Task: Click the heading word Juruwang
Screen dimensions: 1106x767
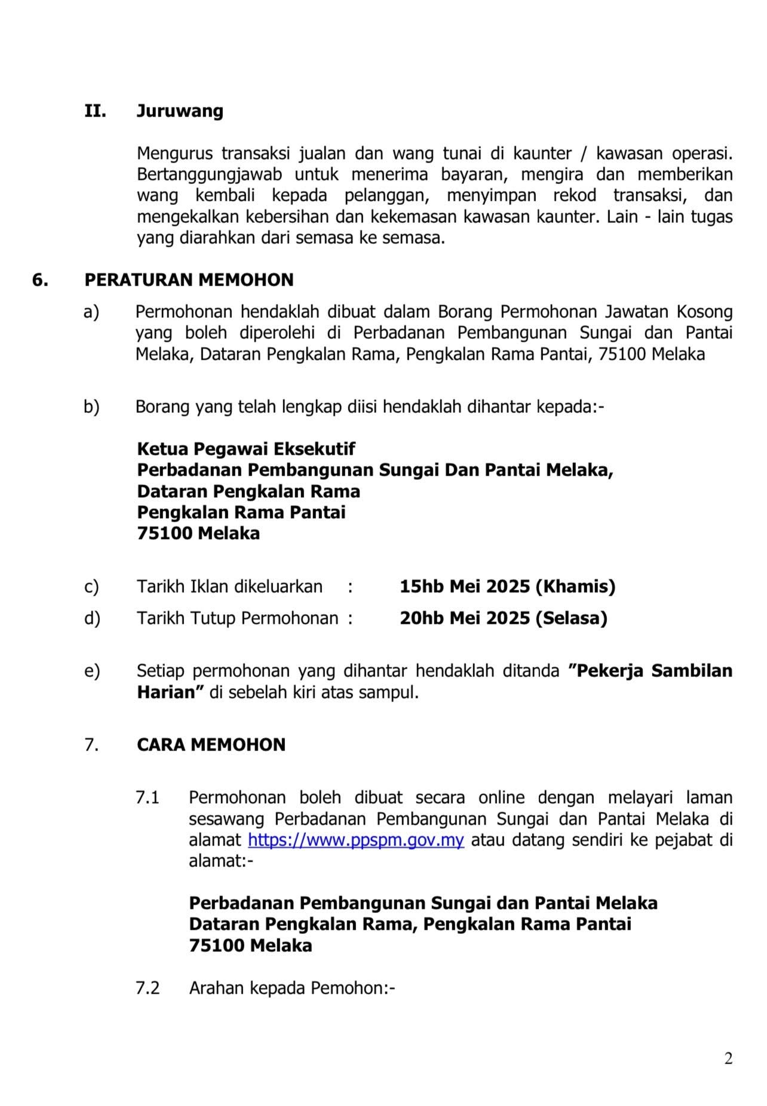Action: pyautogui.click(x=180, y=112)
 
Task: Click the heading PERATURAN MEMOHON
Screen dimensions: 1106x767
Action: pyautogui.click(x=189, y=280)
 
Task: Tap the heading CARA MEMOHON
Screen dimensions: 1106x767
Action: pyautogui.click(x=211, y=745)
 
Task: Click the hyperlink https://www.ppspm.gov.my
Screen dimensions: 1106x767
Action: pyautogui.click(x=356, y=840)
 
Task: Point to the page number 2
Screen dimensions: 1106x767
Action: pyautogui.click(x=728, y=1059)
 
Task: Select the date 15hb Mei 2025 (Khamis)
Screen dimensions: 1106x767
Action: pyautogui.click(x=507, y=587)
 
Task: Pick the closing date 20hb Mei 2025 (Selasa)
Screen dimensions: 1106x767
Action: pyautogui.click(x=504, y=618)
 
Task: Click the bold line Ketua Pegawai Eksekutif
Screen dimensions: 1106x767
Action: pyautogui.click(x=246, y=449)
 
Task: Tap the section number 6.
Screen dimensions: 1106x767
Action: pyautogui.click(x=40, y=280)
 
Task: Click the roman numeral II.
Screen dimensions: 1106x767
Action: pyautogui.click(x=95, y=112)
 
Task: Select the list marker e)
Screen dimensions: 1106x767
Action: pyautogui.click(x=92, y=671)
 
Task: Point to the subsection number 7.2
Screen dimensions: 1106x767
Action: pyautogui.click(x=148, y=988)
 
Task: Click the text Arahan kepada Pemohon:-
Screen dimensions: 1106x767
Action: pyautogui.click(x=292, y=988)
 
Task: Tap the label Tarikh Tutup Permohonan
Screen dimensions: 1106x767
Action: pyautogui.click(x=237, y=618)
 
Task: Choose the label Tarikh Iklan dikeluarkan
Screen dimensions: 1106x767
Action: pyautogui.click(x=229, y=587)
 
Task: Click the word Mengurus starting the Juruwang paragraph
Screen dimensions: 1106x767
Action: pyautogui.click(x=174, y=154)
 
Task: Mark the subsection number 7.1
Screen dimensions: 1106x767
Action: pyautogui.click(x=148, y=798)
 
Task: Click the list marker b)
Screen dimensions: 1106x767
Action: pyautogui.click(x=92, y=408)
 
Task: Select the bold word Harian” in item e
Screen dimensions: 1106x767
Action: pyautogui.click(x=171, y=693)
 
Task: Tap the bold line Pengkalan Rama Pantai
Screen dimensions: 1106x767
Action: pyautogui.click(x=241, y=512)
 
